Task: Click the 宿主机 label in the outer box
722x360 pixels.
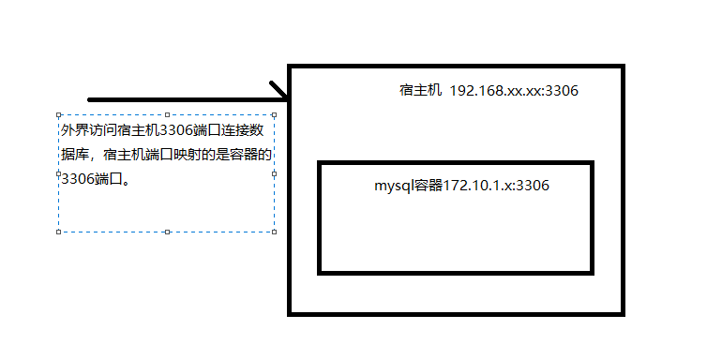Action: point(419,91)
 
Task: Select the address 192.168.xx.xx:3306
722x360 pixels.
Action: point(514,91)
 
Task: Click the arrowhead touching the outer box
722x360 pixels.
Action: point(280,92)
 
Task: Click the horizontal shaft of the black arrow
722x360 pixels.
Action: point(178,98)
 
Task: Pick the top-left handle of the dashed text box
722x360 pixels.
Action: point(59,116)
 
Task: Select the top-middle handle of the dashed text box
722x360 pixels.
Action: point(167,116)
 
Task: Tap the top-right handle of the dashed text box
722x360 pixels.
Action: point(274,116)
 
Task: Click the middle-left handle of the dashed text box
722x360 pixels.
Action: point(59,173)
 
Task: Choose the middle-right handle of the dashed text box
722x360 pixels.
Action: point(274,173)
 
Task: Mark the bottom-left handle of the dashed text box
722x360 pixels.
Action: point(59,231)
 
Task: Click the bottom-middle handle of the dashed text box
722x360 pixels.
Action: point(167,231)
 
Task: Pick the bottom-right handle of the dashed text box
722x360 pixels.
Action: point(274,231)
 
